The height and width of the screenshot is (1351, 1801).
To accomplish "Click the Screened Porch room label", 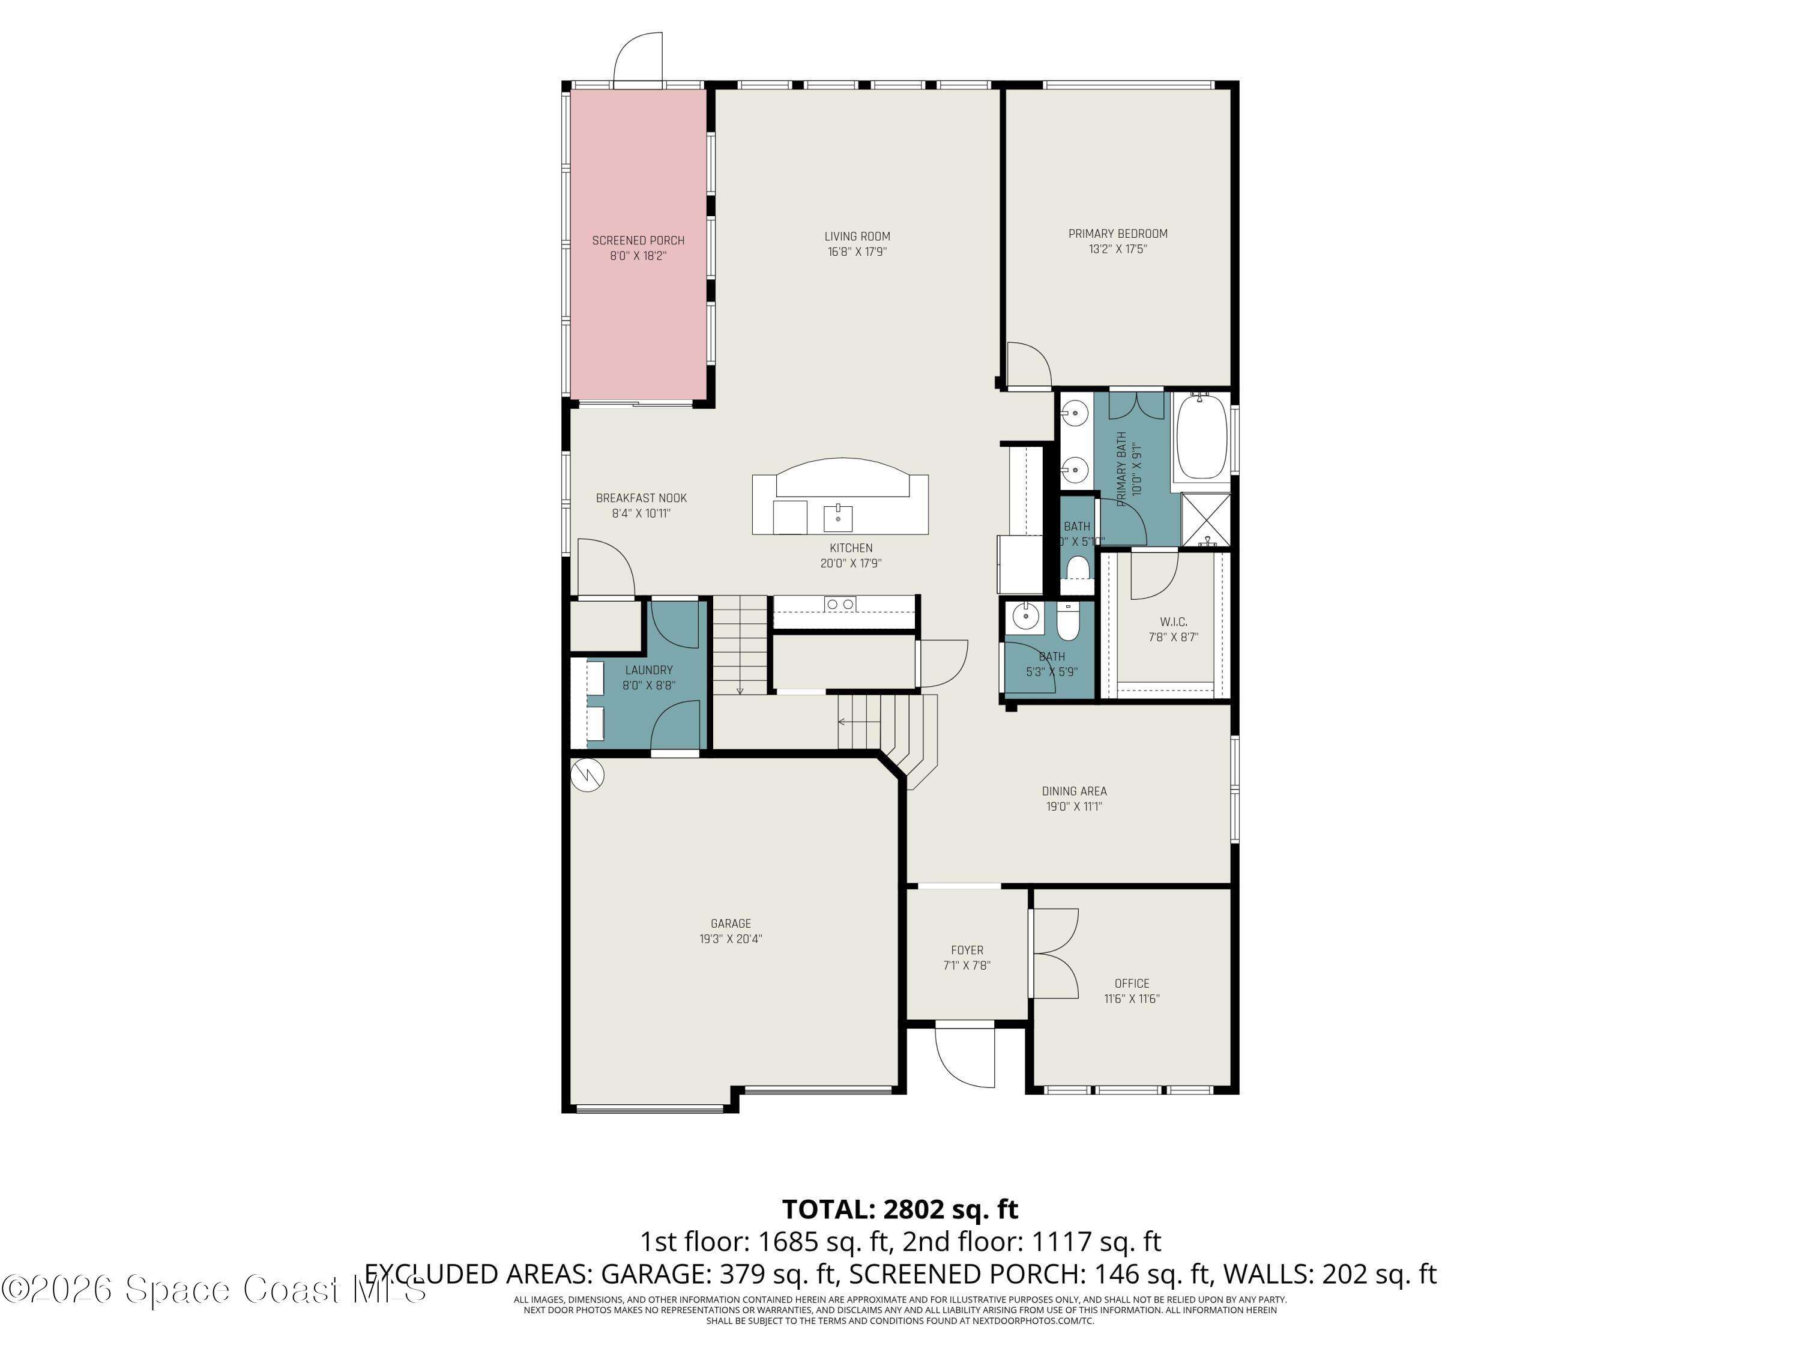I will click(638, 240).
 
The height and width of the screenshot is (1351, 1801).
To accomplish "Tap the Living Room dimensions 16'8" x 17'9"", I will click(857, 252).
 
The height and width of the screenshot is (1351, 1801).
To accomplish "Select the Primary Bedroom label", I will click(1117, 234).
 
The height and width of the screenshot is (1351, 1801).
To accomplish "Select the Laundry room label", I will click(649, 669).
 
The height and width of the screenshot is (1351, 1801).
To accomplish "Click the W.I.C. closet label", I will click(1173, 622).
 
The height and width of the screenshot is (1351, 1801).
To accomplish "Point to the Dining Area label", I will click(1074, 791).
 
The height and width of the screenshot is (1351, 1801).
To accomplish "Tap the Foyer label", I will click(967, 951).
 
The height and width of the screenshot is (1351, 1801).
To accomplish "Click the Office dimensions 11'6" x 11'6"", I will click(1131, 999).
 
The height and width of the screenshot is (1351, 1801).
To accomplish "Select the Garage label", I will click(731, 923).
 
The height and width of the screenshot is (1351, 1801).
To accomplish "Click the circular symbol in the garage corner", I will click(587, 775).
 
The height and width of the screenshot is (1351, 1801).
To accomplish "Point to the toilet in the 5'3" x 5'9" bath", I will click(1067, 624).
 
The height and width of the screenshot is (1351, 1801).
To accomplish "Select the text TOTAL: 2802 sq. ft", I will click(900, 1209).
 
